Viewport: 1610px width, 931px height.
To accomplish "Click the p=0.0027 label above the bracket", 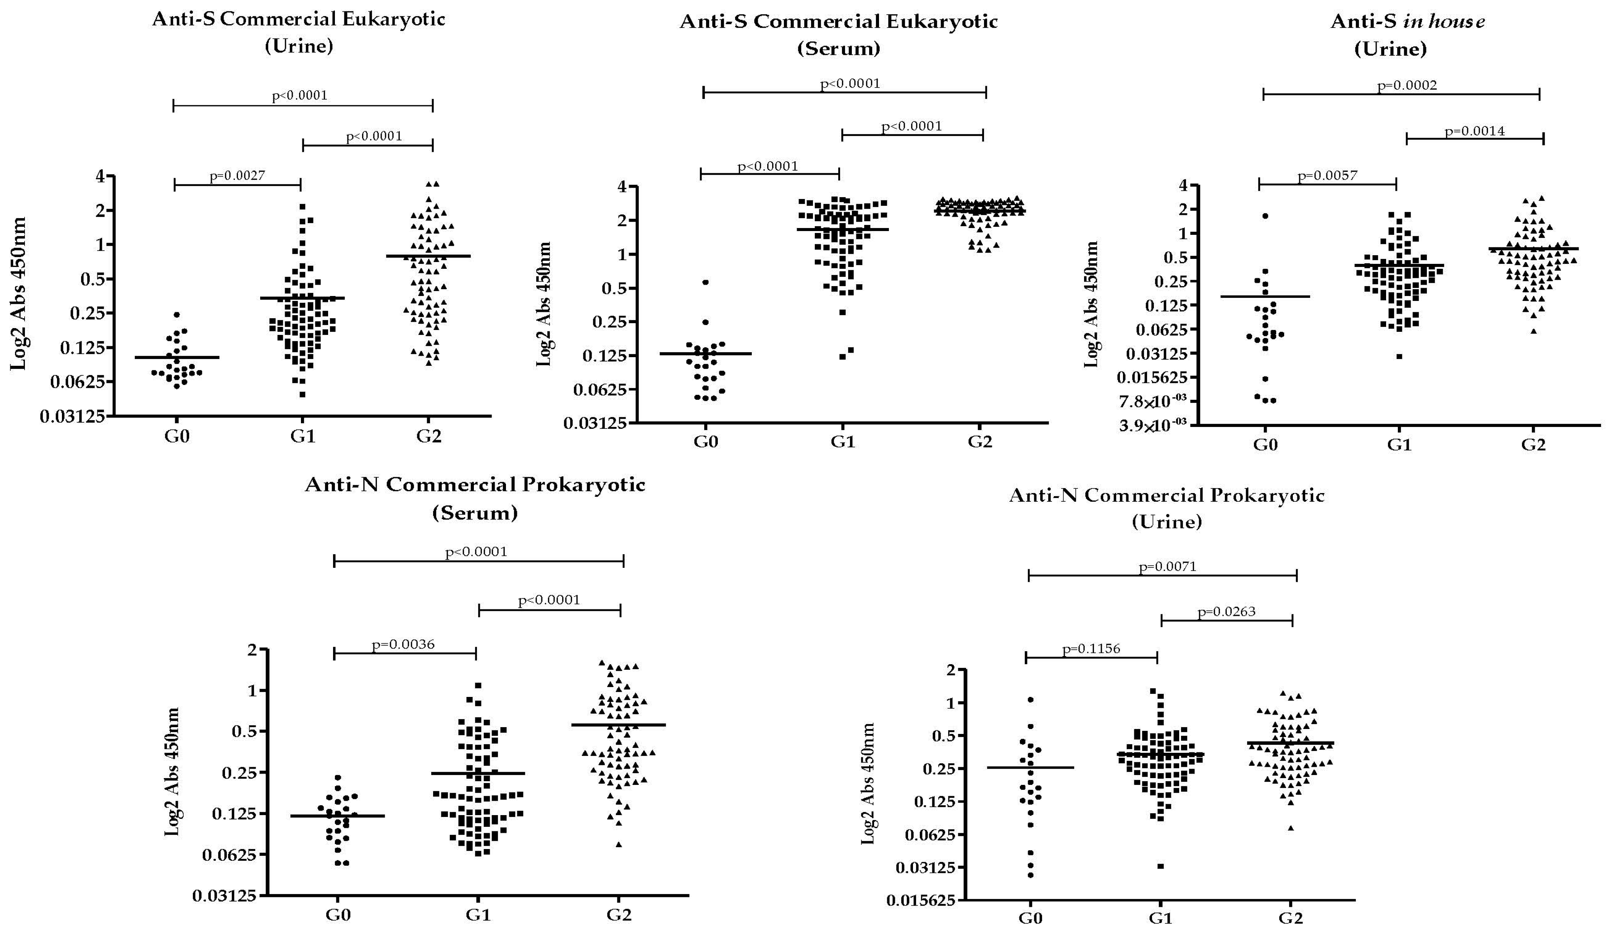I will pos(237,176).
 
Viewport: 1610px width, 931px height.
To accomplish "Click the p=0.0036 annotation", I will pos(403,644).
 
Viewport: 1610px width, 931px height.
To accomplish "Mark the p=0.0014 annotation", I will pos(1474,131).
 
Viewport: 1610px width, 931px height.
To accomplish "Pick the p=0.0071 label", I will pos(1167,566).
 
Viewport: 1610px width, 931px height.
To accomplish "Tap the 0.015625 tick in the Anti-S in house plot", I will pos(1151,377).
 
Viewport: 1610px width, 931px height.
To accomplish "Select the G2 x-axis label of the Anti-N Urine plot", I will pos(1290,918).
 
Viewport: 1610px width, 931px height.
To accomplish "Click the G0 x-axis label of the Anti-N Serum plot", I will pos(338,914).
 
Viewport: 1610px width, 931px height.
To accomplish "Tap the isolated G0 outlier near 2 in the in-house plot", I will pos(1265,216).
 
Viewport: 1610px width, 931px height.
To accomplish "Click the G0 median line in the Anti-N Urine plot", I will pos(1030,767).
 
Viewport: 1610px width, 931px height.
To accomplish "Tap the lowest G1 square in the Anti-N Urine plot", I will pos(1161,866).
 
